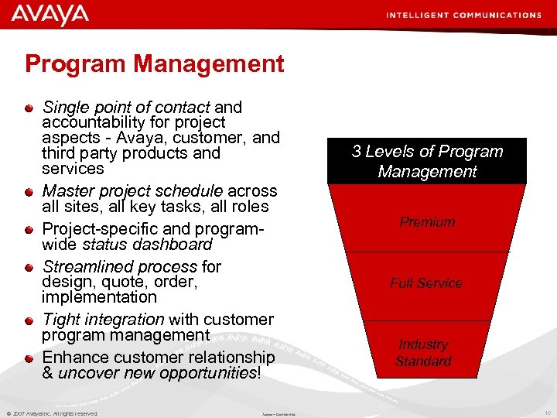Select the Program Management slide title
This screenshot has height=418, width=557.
click(155, 63)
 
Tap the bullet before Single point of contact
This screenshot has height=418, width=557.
click(29, 108)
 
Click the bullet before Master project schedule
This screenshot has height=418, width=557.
click(29, 191)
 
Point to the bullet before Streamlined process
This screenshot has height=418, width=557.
click(29, 267)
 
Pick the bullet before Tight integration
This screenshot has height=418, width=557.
click(29, 320)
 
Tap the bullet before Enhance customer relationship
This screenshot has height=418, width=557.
click(29, 358)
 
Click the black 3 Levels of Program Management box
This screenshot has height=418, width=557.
click(427, 161)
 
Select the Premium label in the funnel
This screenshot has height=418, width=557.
click(427, 222)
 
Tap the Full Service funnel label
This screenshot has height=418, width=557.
click(426, 283)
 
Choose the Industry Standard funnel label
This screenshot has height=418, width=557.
click(423, 353)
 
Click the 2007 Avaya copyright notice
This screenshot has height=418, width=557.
click(52, 413)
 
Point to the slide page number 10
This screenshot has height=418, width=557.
click(548, 413)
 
